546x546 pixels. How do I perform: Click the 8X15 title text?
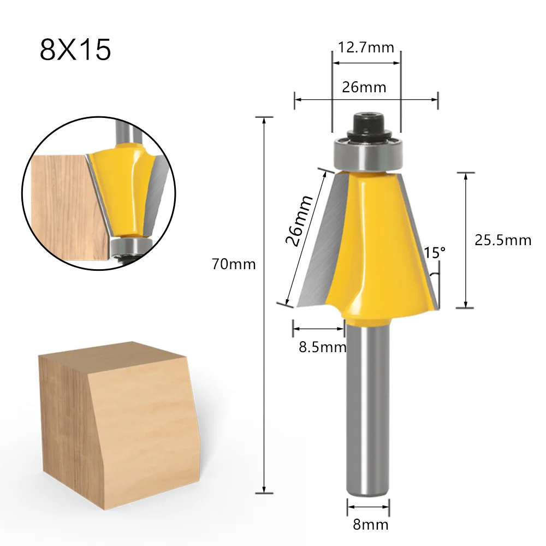click(x=75, y=50)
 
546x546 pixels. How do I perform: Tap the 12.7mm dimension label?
click(x=366, y=48)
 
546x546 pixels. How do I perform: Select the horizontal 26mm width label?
click(x=364, y=87)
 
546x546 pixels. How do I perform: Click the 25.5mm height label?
click(x=502, y=240)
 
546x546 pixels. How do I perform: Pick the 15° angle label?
click(x=435, y=253)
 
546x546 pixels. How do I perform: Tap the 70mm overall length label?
click(x=234, y=265)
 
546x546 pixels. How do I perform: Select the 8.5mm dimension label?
click(x=322, y=347)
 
